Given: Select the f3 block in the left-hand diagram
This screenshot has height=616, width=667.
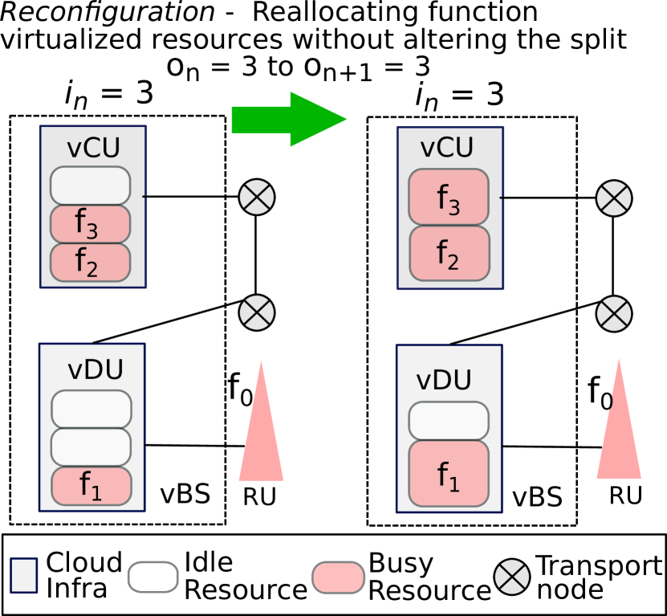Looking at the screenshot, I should pyautogui.click(x=90, y=223).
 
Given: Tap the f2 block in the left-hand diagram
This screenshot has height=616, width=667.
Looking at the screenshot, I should pyautogui.click(x=90, y=262).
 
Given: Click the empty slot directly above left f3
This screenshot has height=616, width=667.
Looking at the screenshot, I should pyautogui.click(x=90, y=186).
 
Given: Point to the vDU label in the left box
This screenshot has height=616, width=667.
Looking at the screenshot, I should pyautogui.click(x=95, y=369).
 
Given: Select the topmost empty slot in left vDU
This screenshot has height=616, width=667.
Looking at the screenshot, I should pyautogui.click(x=92, y=409).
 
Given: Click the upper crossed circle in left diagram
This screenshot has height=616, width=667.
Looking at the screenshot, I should pyautogui.click(x=257, y=197).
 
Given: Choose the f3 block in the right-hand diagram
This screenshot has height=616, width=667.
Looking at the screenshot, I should pyautogui.click(x=448, y=197).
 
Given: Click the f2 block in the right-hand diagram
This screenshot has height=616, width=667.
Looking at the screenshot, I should pyautogui.click(x=449, y=253).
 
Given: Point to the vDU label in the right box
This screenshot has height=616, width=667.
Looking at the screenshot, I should pyautogui.click(x=443, y=380).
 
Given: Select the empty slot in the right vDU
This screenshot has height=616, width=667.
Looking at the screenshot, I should pyautogui.click(x=449, y=421).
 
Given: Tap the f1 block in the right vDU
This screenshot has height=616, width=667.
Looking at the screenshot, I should pyautogui.click(x=449, y=474).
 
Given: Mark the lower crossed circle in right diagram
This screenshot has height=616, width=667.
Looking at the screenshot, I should pyautogui.click(x=614, y=313).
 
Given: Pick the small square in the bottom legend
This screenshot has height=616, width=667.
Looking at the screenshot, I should pyautogui.click(x=23, y=575).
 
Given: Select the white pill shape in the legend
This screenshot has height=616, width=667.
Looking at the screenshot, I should pyautogui.click(x=153, y=577).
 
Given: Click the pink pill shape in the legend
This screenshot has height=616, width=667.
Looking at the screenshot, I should pyautogui.click(x=338, y=577).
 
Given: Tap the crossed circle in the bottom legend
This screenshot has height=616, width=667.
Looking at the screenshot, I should pyautogui.click(x=512, y=577).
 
